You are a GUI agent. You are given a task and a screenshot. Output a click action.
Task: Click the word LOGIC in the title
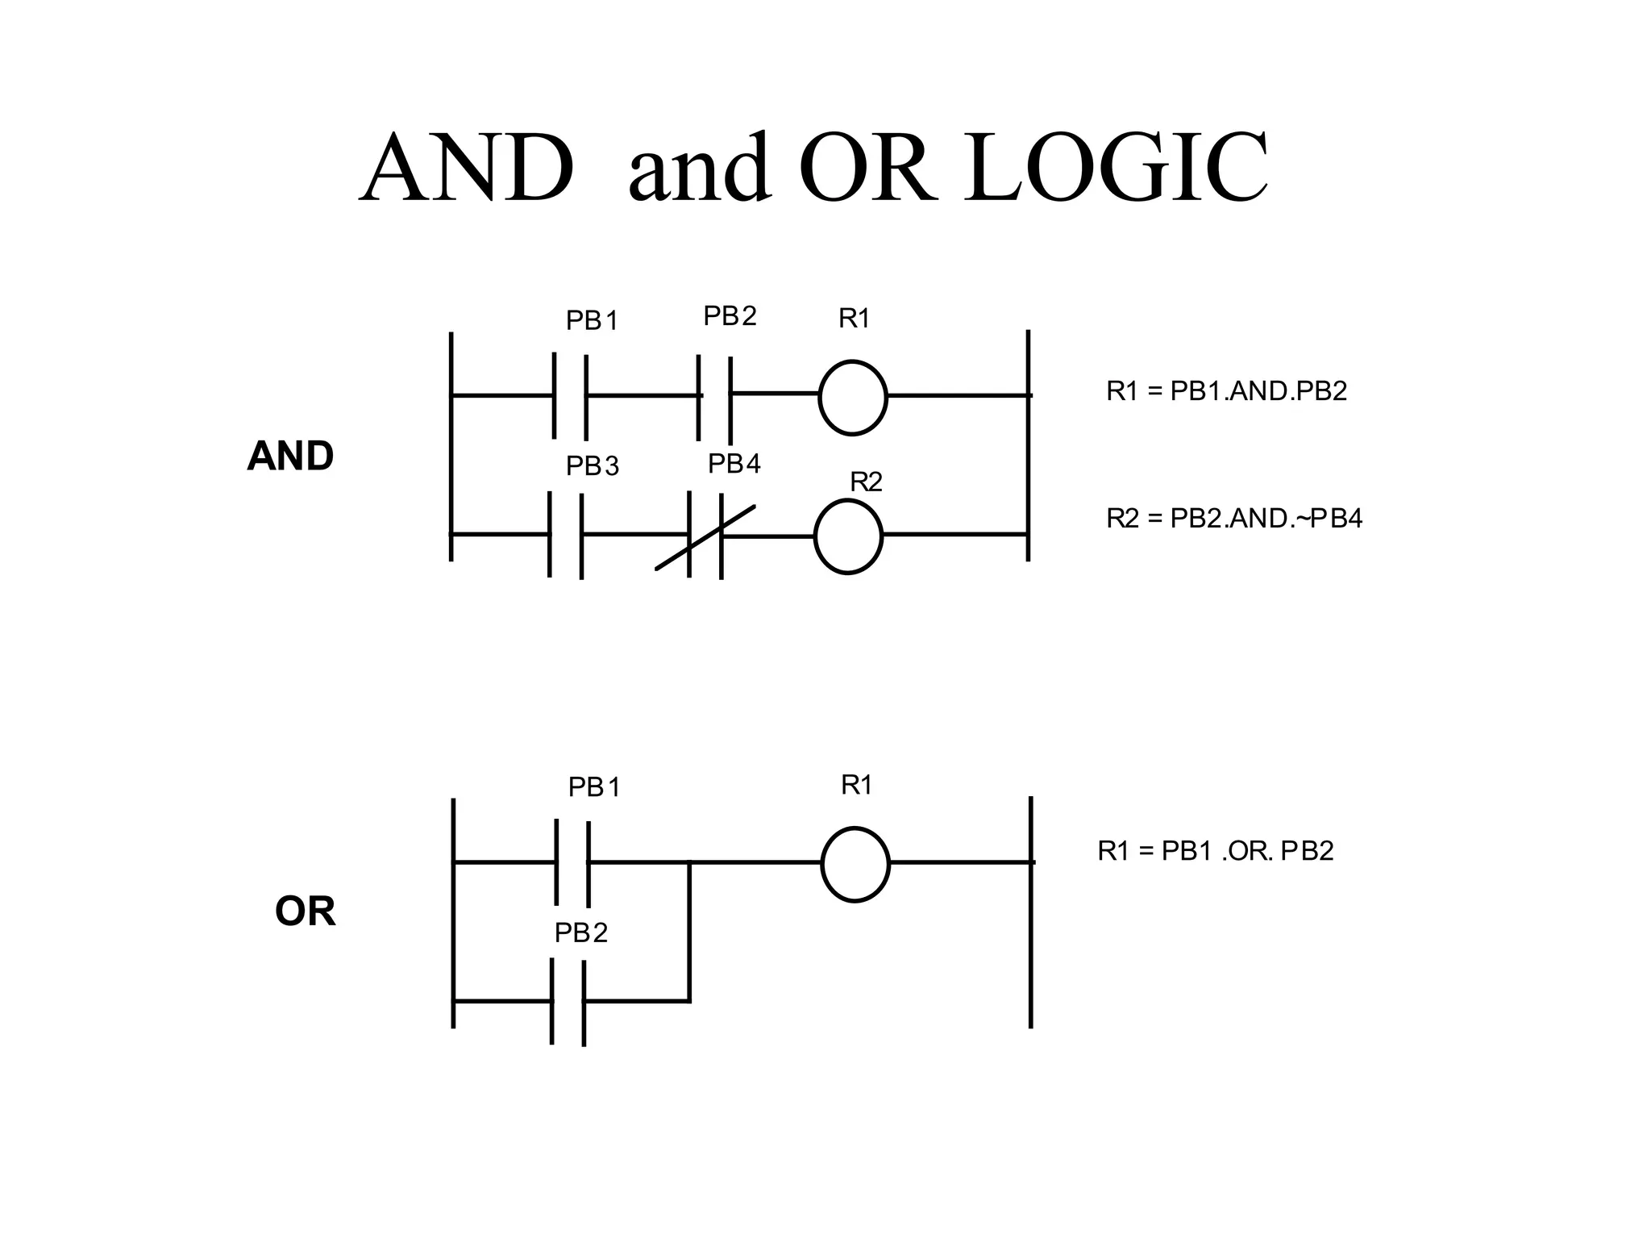point(1116,169)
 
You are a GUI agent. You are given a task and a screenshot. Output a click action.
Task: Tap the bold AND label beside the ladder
point(290,457)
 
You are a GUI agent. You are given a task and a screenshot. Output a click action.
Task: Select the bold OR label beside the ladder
point(305,912)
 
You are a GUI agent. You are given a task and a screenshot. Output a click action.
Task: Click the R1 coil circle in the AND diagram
point(853,397)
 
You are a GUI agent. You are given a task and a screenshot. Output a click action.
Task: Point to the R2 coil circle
point(848,536)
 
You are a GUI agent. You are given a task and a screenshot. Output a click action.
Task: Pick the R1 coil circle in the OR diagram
point(855,864)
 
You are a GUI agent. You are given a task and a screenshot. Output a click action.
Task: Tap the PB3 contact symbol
point(566,536)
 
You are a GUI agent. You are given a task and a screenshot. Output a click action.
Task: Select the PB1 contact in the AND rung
point(570,396)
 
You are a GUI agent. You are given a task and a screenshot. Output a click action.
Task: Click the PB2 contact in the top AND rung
point(714,396)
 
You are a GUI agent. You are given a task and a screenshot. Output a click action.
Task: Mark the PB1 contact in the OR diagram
point(572,863)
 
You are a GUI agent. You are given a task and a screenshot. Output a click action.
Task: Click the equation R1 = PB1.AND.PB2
point(1226,391)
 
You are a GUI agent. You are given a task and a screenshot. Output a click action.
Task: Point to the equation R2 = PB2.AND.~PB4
point(1233,518)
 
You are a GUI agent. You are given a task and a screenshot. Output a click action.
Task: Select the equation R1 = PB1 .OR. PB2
point(1215,851)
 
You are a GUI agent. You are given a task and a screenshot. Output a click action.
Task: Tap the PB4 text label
point(734,465)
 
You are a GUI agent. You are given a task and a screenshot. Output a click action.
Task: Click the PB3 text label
point(593,466)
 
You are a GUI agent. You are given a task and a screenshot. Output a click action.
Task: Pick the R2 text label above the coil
point(867,482)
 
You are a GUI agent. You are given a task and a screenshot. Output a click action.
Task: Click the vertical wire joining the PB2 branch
point(689,932)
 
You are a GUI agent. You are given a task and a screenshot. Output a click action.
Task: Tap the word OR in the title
point(869,169)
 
